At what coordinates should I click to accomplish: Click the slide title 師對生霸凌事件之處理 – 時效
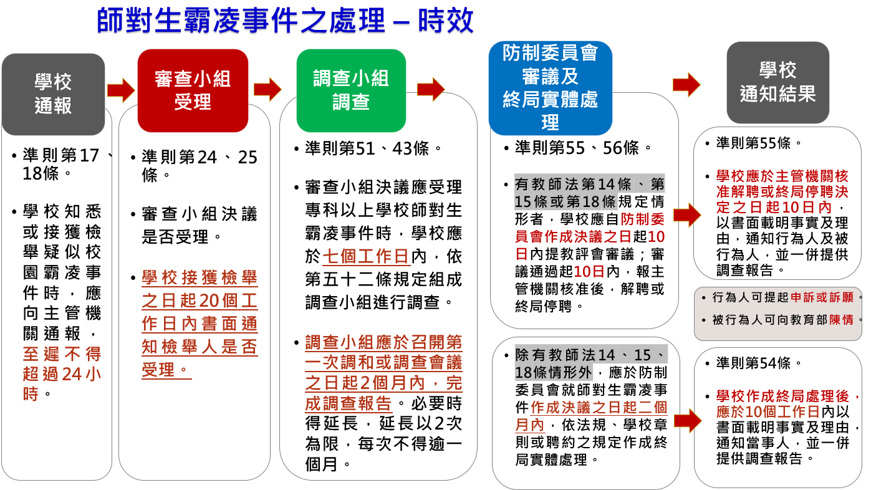click(285, 20)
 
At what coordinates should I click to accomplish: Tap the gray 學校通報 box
click(53, 94)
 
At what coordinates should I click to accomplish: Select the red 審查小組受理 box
click(193, 90)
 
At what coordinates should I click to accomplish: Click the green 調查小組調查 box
click(351, 90)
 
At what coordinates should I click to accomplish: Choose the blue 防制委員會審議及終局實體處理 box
click(550, 88)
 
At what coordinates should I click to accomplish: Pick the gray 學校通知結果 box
click(777, 82)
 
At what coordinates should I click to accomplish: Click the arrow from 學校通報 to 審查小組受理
click(121, 90)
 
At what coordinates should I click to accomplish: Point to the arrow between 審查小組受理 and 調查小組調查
click(267, 89)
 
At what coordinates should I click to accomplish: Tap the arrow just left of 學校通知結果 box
click(686, 84)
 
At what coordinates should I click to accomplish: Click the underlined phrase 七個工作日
click(365, 257)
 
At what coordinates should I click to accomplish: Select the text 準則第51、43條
click(368, 148)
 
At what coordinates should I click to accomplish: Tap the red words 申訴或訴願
click(822, 297)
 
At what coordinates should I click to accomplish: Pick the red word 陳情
click(842, 320)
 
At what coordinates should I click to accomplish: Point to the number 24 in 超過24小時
click(72, 374)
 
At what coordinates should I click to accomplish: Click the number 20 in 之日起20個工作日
click(210, 300)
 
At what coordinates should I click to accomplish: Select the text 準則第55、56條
click(577, 148)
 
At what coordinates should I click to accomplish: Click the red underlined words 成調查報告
click(348, 403)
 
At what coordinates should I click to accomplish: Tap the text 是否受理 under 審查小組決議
click(175, 236)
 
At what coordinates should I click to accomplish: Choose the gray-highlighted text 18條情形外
click(553, 372)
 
